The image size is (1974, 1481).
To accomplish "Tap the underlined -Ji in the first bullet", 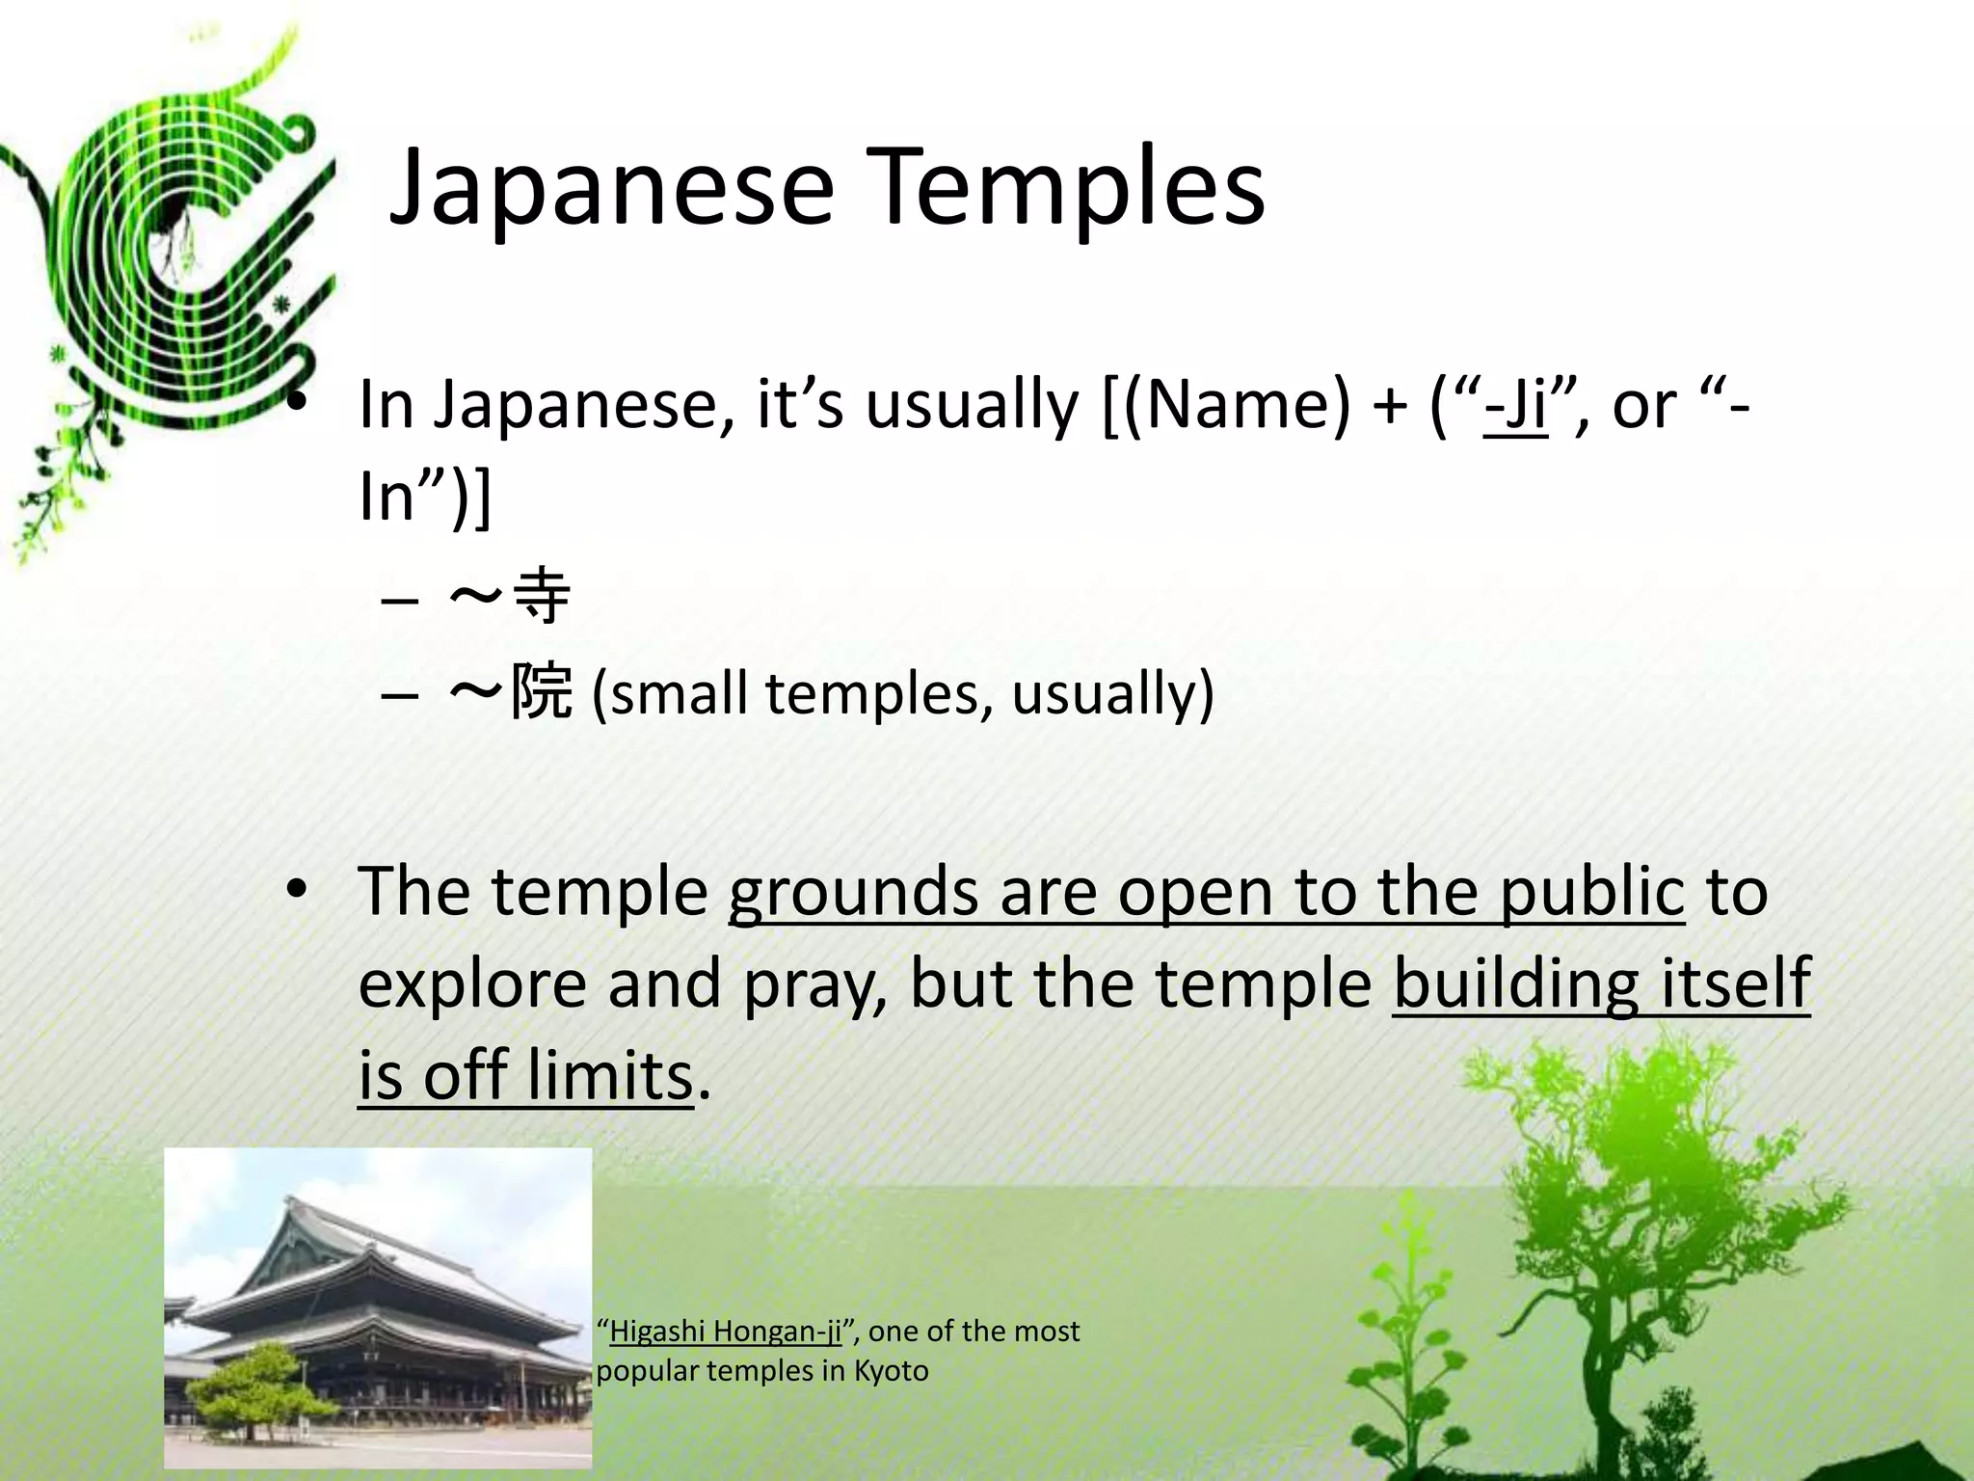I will click(1516, 405).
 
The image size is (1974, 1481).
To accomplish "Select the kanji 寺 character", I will click(543, 596).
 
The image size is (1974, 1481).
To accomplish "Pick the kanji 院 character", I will click(542, 692).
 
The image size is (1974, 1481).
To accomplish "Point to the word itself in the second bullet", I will click(1736, 983).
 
